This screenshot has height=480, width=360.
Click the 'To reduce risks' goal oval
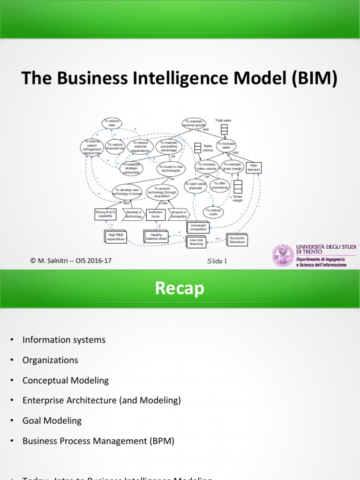coord(112,123)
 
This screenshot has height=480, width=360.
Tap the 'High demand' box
coord(254,167)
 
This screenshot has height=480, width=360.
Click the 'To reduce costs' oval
coord(213,213)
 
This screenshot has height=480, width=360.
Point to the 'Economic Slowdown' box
coord(237,240)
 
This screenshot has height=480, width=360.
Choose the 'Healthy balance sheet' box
coord(156,237)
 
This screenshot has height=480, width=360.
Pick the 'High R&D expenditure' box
coord(116,237)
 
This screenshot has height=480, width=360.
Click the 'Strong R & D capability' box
coord(105,214)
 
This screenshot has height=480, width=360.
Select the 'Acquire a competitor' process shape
coord(179,214)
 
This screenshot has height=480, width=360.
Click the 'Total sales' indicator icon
coord(224,129)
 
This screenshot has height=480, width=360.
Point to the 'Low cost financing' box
coord(196,242)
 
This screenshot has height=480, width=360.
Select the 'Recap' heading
coord(180,289)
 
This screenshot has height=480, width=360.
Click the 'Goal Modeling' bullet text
coord(52,420)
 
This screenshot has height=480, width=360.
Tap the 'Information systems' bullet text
coord(64,339)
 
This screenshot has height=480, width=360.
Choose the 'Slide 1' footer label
coord(217,261)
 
